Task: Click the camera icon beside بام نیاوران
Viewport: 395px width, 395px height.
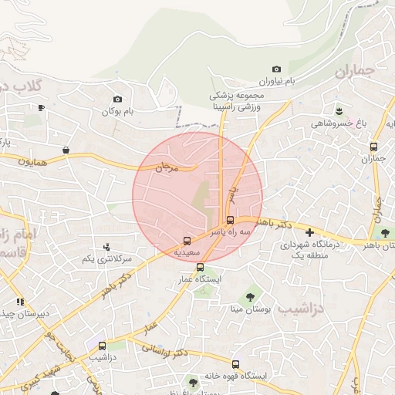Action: click(277, 69)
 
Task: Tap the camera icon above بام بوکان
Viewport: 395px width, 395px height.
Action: click(117, 99)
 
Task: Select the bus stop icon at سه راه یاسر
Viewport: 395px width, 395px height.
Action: click(231, 220)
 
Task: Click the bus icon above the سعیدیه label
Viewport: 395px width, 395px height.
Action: click(187, 240)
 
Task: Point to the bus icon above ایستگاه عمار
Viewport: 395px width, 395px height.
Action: click(200, 267)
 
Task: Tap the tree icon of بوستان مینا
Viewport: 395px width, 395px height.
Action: click(250, 296)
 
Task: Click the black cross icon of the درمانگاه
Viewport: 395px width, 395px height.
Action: click(309, 232)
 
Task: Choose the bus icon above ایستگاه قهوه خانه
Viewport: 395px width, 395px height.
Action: click(235, 364)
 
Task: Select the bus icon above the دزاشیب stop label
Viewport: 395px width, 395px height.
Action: click(102, 344)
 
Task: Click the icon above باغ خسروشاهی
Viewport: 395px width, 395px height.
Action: click(338, 111)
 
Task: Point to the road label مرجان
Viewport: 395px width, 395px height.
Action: click(167, 167)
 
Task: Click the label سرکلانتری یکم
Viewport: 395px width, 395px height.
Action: click(107, 258)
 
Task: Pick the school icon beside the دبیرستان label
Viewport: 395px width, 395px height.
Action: click(19, 302)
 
